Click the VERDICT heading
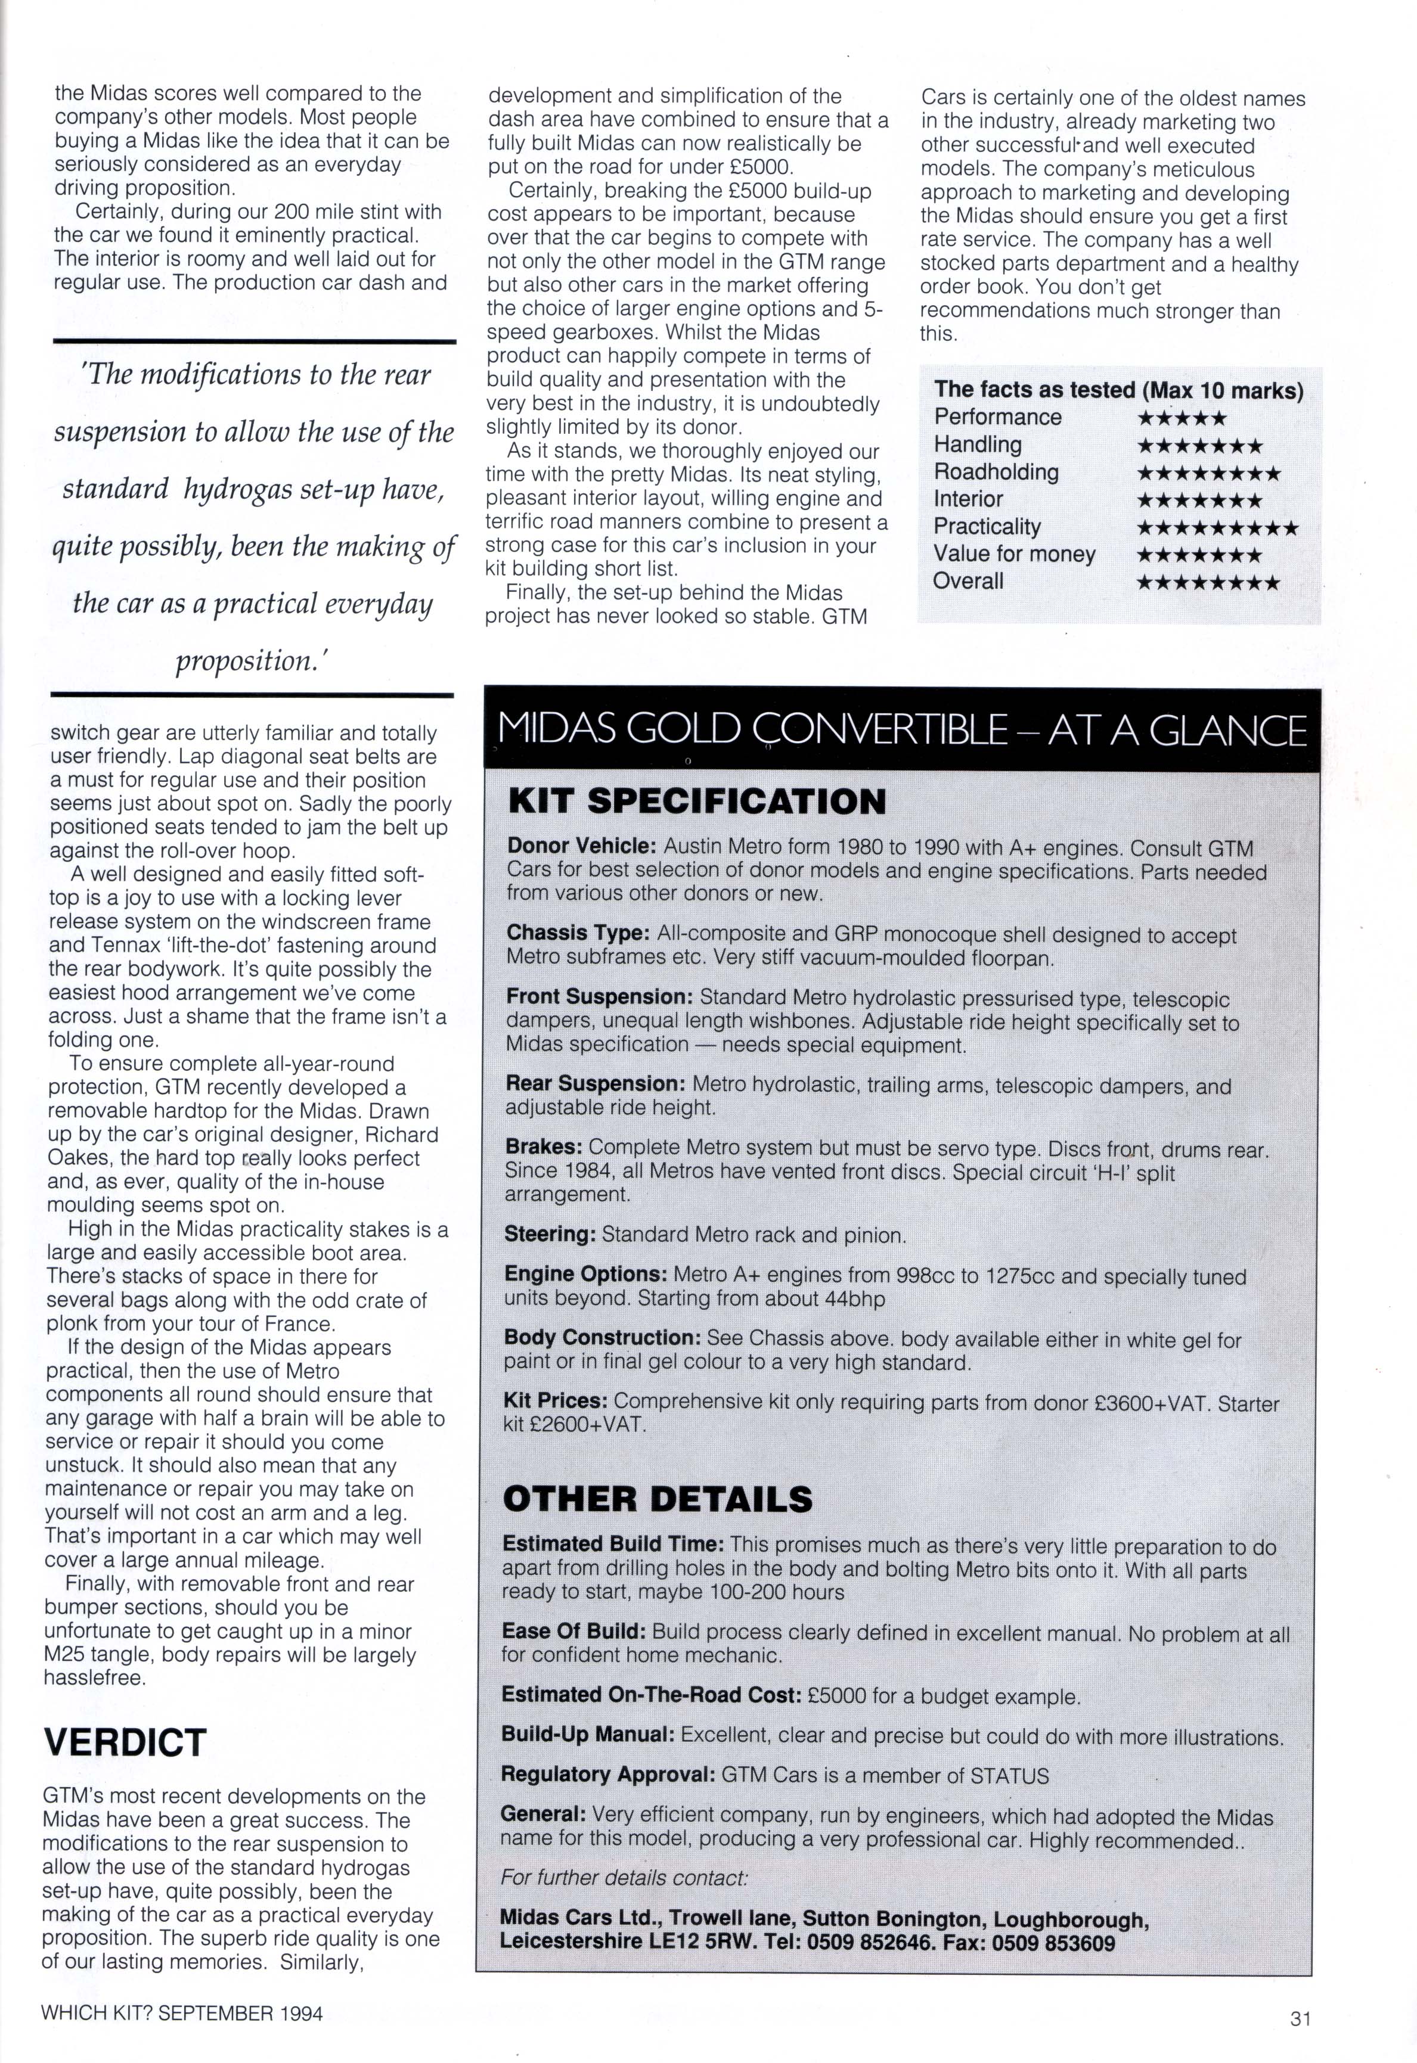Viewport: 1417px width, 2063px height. click(x=125, y=1742)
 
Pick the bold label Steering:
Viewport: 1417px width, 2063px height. click(x=550, y=1234)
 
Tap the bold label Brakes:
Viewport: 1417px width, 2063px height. click(x=542, y=1148)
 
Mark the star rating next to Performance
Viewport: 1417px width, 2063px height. click(x=1182, y=418)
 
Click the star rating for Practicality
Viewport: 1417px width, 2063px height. click(x=1217, y=529)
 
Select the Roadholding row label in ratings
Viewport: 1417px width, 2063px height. click(x=996, y=473)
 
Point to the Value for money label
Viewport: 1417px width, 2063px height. click(x=1014, y=554)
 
